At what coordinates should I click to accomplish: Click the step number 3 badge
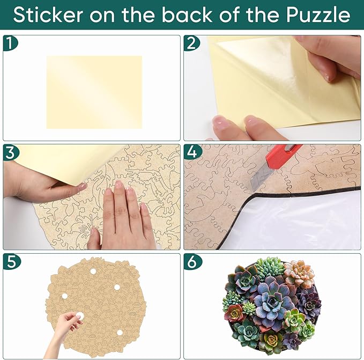10,152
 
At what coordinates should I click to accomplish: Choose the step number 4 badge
191,152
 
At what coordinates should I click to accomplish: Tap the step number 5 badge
10,261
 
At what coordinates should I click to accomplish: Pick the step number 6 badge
191,261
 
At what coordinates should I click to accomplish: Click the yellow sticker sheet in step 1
94,92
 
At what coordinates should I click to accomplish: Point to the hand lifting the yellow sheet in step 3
38,185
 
